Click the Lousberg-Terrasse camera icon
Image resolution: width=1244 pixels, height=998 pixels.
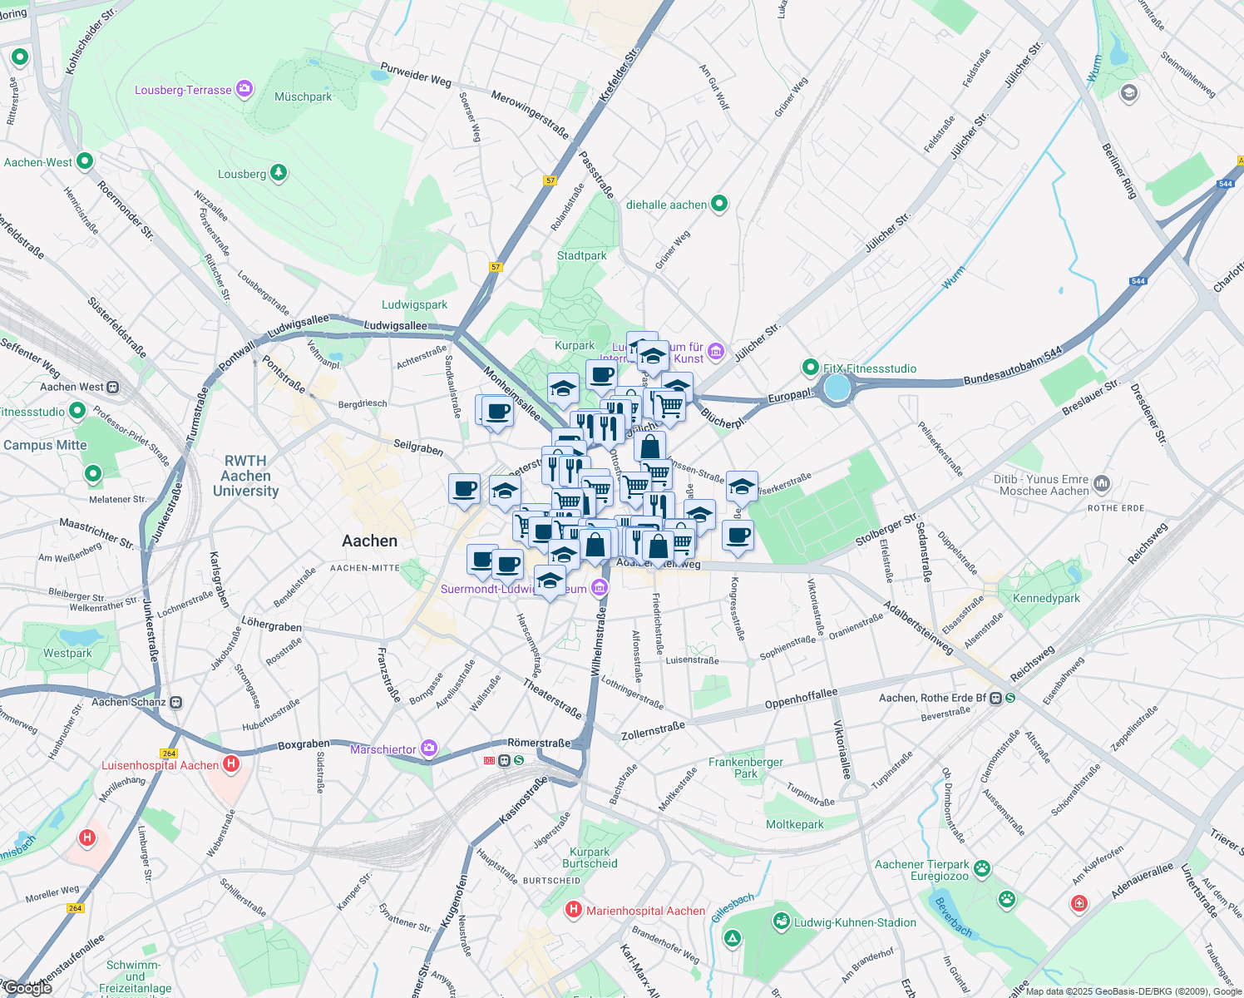pyautogui.click(x=244, y=89)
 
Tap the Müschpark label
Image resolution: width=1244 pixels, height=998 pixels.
pyautogui.click(x=304, y=97)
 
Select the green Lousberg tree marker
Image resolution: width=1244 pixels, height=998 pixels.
pyautogui.click(x=279, y=173)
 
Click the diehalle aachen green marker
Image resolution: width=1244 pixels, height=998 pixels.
pyautogui.click(x=720, y=203)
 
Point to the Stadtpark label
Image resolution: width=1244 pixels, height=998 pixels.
pyautogui.click(x=582, y=255)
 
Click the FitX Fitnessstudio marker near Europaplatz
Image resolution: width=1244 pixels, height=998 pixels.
pyautogui.click(x=810, y=367)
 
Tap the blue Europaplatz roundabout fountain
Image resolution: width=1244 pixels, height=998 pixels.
pyautogui.click(x=837, y=388)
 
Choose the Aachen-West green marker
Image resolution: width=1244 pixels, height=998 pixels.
pyautogui.click(x=85, y=161)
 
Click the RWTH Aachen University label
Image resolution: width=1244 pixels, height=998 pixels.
pyautogui.click(x=245, y=476)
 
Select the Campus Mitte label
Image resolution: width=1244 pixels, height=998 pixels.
pyautogui.click(x=45, y=445)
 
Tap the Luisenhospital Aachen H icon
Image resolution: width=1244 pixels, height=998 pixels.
pyautogui.click(x=232, y=763)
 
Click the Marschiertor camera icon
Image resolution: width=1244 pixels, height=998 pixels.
pyautogui.click(x=428, y=748)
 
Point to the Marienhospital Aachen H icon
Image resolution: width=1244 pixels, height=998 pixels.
pyautogui.click(x=573, y=910)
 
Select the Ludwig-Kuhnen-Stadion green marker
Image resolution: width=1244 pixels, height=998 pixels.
pyautogui.click(x=781, y=921)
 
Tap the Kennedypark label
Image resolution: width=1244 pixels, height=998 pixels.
pyautogui.click(x=1046, y=598)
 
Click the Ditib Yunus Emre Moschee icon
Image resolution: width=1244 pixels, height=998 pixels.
pyautogui.click(x=1102, y=483)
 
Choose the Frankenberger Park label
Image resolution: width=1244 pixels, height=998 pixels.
pyautogui.click(x=746, y=768)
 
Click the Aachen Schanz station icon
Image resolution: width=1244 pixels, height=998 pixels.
pyautogui.click(x=176, y=702)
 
